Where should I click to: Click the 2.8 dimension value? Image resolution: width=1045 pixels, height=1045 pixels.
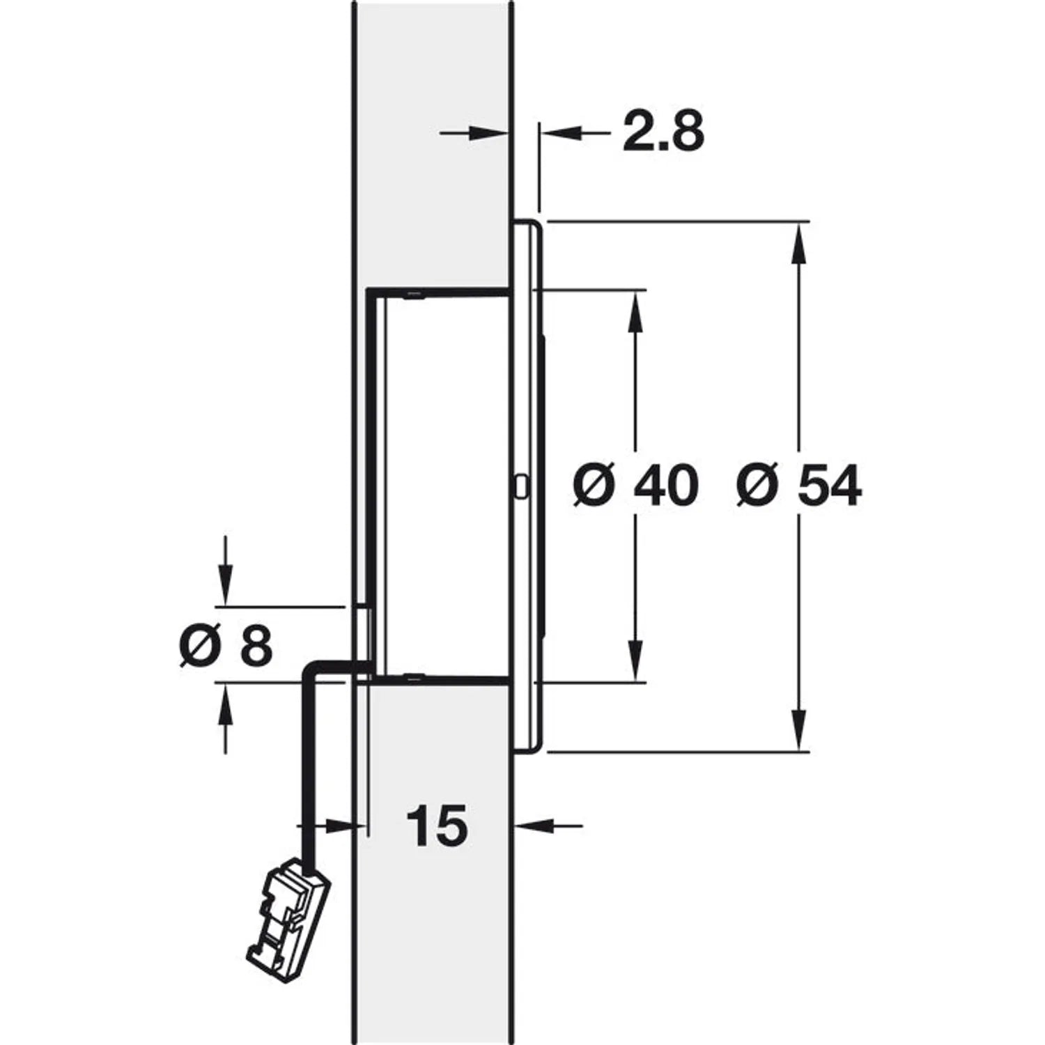coord(663,132)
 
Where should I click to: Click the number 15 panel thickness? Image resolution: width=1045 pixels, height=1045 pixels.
coord(437,826)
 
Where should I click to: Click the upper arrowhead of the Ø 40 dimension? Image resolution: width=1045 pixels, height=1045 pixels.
coord(635,309)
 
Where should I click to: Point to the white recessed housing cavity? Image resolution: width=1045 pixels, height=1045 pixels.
coord(446,486)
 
